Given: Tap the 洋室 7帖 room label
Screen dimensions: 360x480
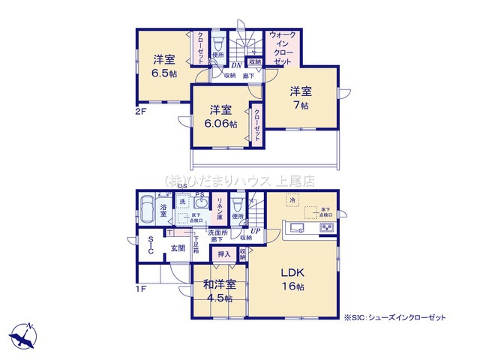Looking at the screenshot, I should pyautogui.click(x=301, y=98).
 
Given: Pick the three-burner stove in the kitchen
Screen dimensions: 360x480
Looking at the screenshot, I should pyautogui.click(x=328, y=228).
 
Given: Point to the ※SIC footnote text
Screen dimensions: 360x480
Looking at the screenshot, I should pyautogui.click(x=394, y=318).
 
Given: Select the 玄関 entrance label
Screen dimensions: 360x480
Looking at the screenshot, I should pyautogui.click(x=177, y=249).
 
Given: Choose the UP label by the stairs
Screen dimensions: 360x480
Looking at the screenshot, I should pyautogui.click(x=256, y=230).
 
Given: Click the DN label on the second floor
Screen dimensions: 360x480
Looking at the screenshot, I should pyautogui.click(x=236, y=65).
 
